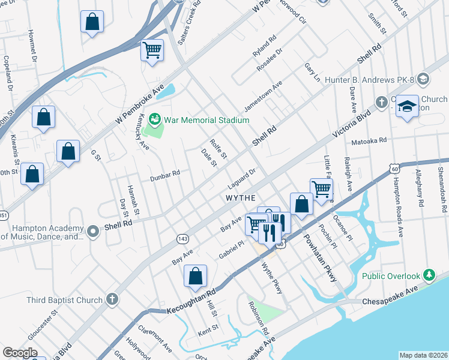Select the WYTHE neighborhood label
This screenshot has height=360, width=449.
click(241, 197)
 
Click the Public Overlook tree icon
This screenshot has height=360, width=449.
click(429, 275)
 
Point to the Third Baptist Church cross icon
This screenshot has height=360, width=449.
click(111, 299)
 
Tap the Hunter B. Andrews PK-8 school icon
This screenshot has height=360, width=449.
click(423, 79)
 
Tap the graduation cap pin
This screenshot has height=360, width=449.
click(407, 107)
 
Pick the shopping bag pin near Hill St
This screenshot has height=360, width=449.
click(196, 277)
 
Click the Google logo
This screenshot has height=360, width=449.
click(20, 353)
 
